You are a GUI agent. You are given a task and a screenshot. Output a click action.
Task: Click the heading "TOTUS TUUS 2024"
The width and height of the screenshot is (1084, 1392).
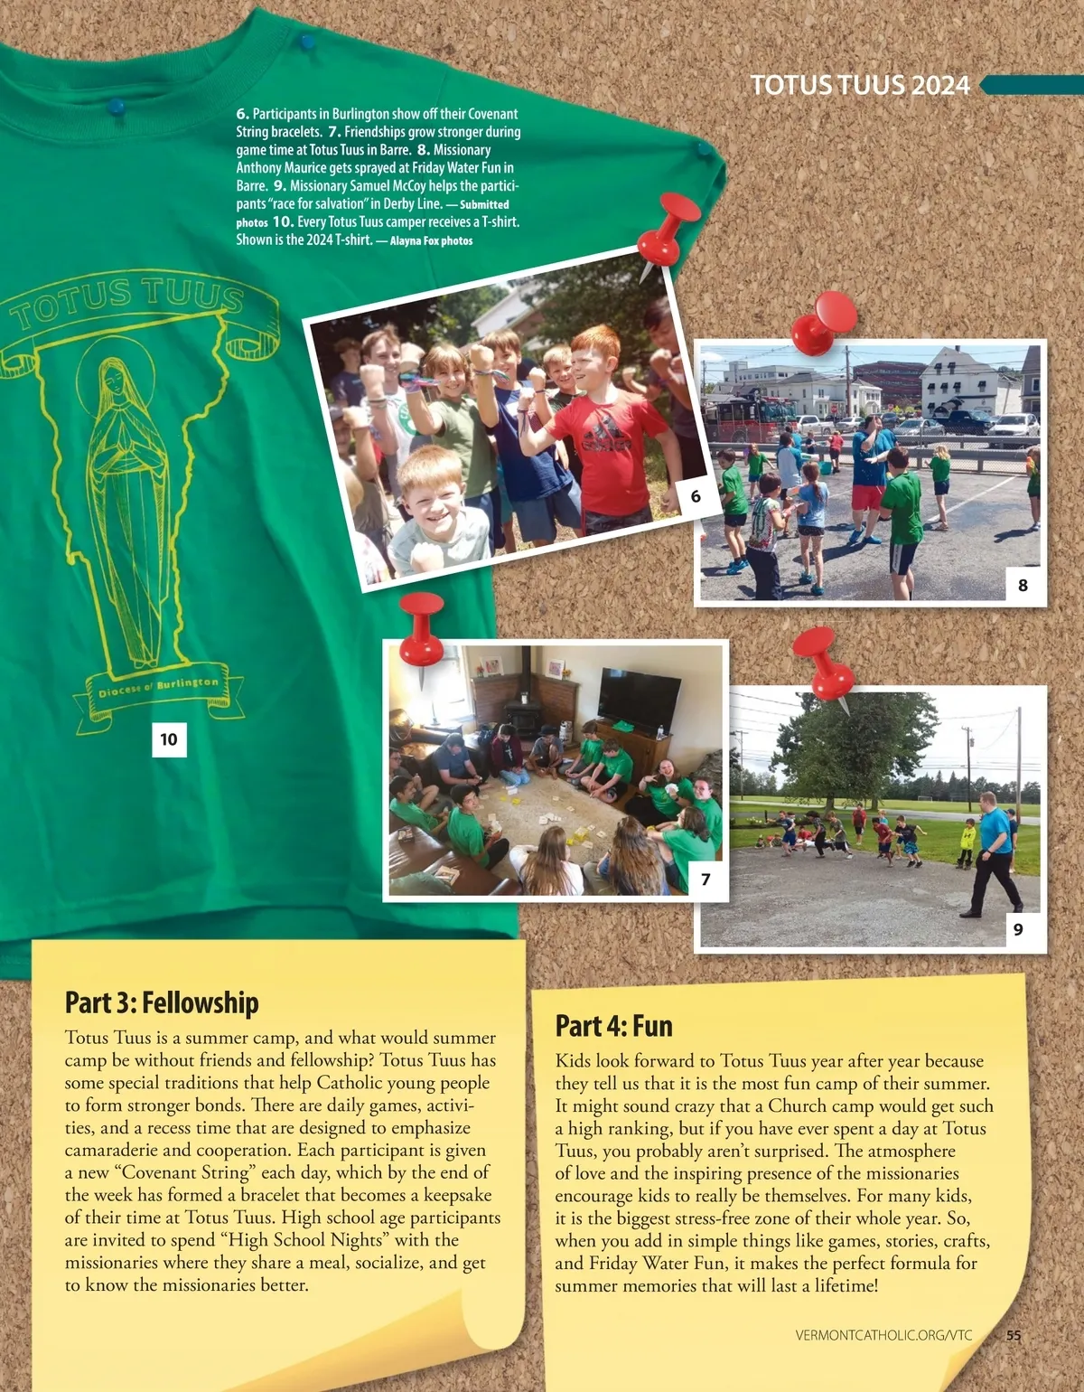(859, 85)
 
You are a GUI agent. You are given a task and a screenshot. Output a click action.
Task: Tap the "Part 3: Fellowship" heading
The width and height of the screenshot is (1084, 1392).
(162, 1002)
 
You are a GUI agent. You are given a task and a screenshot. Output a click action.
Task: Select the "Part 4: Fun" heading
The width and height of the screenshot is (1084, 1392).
(613, 1026)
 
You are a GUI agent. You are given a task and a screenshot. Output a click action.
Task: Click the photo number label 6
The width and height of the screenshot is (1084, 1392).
(696, 495)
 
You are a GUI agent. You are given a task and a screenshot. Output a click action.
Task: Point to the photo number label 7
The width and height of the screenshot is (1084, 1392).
(706, 879)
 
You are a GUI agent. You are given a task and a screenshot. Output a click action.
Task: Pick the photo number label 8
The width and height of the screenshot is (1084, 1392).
(1023, 585)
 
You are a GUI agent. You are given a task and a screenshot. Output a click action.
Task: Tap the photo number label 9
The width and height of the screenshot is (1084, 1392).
(1018, 929)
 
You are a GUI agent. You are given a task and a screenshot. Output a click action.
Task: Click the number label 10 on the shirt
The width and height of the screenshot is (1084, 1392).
(169, 739)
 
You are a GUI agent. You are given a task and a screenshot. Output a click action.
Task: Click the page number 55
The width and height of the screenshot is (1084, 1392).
(1014, 1335)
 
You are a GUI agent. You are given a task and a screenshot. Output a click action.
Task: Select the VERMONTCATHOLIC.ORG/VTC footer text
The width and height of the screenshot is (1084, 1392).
(883, 1335)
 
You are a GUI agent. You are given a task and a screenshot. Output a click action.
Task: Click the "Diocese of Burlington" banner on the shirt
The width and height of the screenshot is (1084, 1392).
(159, 689)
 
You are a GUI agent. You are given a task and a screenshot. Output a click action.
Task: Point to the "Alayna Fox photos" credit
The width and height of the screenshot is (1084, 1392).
(431, 241)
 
